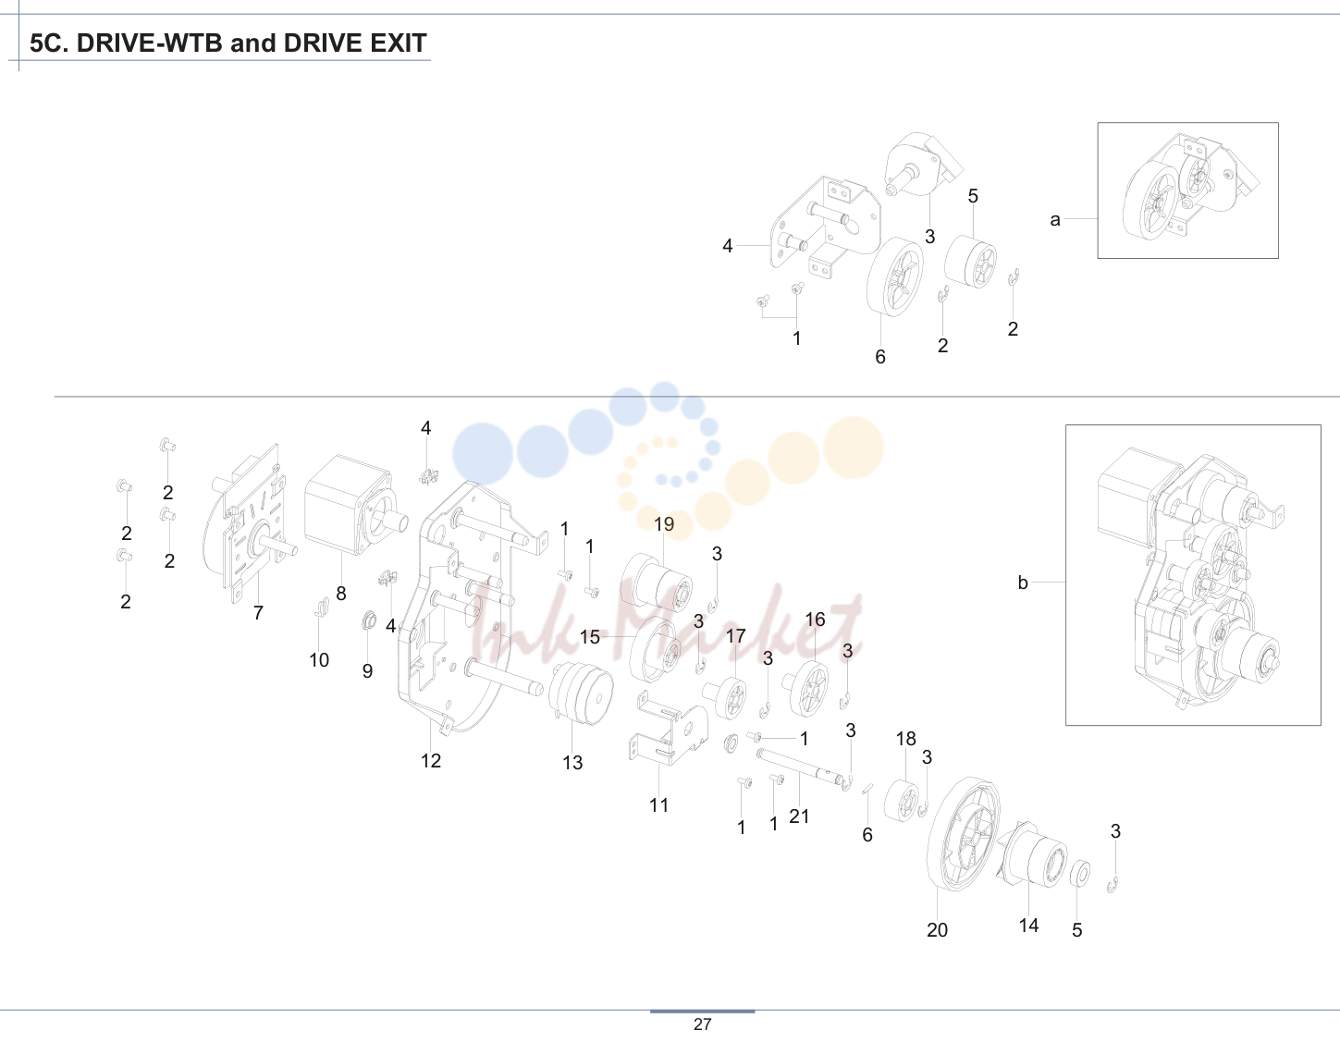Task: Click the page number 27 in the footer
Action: pos(703,1025)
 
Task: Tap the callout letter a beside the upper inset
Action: pos(1055,219)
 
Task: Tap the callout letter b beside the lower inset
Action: pos(1023,582)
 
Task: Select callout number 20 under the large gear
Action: pos(937,929)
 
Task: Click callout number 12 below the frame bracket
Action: pos(431,761)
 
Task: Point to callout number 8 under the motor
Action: pos(341,593)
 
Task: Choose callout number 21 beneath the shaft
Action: pos(799,816)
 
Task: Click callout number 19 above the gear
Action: pos(663,524)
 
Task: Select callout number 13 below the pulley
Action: pos(572,763)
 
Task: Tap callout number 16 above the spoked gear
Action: pos(815,620)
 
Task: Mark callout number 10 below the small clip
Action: pos(319,659)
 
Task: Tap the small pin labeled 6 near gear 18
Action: pos(867,789)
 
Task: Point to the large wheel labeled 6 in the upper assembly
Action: pos(895,276)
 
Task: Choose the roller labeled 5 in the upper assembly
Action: pos(970,261)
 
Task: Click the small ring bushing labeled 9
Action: pos(369,620)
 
